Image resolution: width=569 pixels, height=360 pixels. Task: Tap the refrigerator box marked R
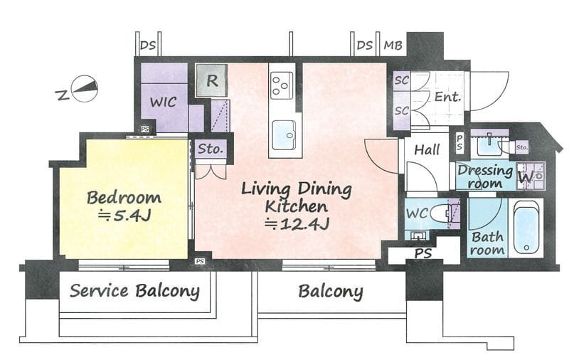(x=212, y=80)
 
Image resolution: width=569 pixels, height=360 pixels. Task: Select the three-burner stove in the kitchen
(x=282, y=85)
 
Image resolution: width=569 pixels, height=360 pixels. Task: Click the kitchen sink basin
(x=284, y=134)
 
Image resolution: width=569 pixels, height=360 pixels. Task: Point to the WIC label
(x=164, y=102)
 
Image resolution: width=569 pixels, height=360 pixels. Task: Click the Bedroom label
(x=124, y=198)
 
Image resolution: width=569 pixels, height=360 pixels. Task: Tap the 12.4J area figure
(x=297, y=225)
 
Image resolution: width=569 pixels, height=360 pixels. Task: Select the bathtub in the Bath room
(x=526, y=228)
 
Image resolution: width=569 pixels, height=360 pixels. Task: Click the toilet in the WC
(x=441, y=213)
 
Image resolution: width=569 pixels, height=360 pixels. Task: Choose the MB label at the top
(x=393, y=46)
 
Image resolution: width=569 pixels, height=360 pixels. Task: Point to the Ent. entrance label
(x=448, y=97)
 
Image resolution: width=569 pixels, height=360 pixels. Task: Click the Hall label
(x=427, y=149)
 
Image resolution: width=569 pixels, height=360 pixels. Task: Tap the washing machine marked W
(x=530, y=176)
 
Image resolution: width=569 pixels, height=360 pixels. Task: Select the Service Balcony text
(x=134, y=291)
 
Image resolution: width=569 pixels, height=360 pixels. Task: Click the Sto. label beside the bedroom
(x=211, y=149)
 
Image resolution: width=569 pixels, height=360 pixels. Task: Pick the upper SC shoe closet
(x=402, y=80)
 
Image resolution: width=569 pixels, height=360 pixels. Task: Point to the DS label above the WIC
(x=148, y=46)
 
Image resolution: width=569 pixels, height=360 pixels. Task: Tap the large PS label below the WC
(x=423, y=253)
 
